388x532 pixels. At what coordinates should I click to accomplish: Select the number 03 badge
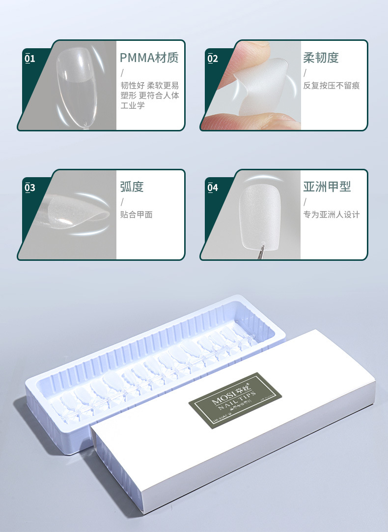pos(30,188)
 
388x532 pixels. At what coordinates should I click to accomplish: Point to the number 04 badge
pos(213,188)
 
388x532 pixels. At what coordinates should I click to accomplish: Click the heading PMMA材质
pos(149,58)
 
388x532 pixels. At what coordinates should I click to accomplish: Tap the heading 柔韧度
pos(321,58)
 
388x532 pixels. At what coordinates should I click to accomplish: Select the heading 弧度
pos(132,187)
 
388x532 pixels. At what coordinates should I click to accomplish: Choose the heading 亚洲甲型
pos(327,187)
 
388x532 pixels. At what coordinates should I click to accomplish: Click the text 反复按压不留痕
pos(332,86)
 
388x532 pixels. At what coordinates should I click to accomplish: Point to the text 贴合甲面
pos(137,215)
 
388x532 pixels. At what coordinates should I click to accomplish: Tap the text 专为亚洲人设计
pos(332,215)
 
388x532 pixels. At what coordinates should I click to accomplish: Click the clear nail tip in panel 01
pos(77,89)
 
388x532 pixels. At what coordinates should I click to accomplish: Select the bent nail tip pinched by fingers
pos(260,86)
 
